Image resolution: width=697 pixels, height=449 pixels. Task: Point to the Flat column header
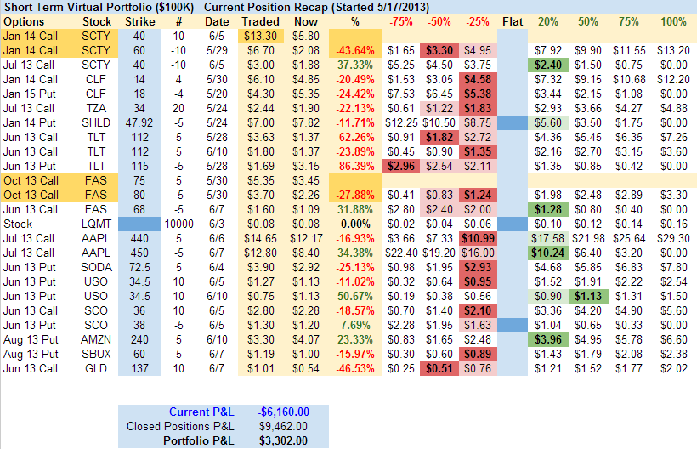click(x=513, y=20)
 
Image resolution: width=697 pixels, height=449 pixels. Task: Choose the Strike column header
click(x=139, y=20)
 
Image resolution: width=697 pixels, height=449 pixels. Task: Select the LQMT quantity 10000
click(x=179, y=223)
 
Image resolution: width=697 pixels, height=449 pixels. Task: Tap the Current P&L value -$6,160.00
click(x=284, y=412)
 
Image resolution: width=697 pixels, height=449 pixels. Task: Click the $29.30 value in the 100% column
click(x=673, y=237)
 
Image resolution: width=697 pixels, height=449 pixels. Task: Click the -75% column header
click(x=402, y=20)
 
